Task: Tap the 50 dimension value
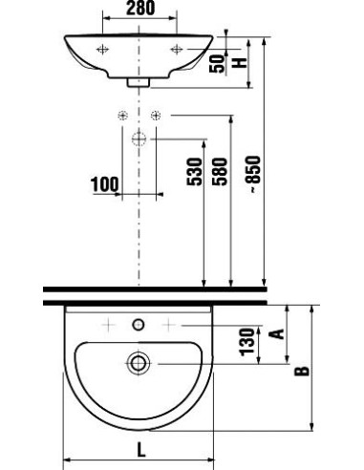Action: coord(219,66)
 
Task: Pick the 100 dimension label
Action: coord(105,182)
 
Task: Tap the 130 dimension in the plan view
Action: coord(246,340)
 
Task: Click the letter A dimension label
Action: coord(276,332)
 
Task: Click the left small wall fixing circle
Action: coord(121,116)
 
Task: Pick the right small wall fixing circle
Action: coord(158,116)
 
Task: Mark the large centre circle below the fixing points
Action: coord(139,139)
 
